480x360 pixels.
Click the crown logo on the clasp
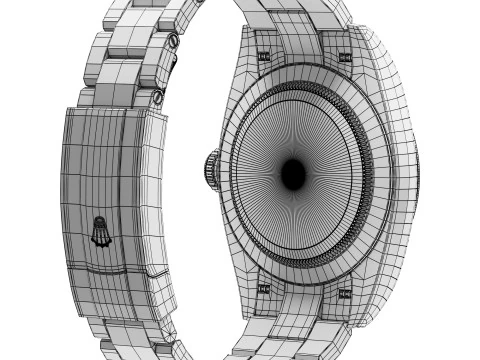click(101, 232)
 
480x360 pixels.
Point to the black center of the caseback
click(293, 174)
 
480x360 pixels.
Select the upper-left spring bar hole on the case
click(264, 57)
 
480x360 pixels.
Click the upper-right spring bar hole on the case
click(347, 57)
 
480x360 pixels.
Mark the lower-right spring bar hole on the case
click(345, 292)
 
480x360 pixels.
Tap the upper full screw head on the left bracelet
click(171, 42)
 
